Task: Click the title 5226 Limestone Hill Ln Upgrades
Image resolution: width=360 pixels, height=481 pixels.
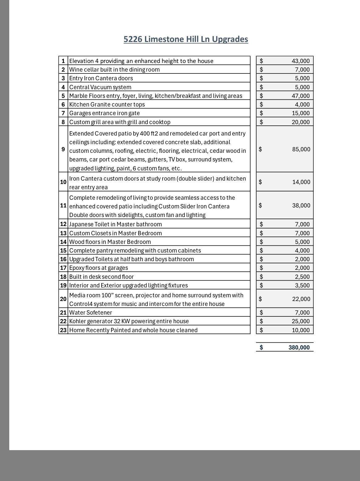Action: click(x=186, y=39)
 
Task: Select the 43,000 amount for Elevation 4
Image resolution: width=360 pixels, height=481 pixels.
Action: click(x=300, y=61)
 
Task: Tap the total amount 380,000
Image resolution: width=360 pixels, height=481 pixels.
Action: click(x=299, y=347)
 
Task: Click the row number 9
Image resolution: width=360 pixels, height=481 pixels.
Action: click(x=63, y=149)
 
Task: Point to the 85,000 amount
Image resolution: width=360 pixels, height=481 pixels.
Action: click(x=301, y=149)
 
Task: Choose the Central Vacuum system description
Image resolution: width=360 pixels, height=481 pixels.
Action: click(x=100, y=87)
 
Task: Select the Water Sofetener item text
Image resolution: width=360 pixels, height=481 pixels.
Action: click(x=91, y=312)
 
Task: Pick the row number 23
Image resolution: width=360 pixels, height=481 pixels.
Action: click(x=63, y=330)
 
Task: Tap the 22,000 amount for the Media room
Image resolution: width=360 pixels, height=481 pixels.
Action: click(x=301, y=299)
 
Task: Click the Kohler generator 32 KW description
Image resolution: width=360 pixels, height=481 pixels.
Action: click(x=129, y=321)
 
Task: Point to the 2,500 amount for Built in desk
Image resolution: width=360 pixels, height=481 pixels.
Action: click(x=302, y=277)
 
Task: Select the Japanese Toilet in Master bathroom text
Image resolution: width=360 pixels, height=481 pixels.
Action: click(x=115, y=224)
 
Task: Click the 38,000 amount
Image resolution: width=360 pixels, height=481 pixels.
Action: click(x=301, y=205)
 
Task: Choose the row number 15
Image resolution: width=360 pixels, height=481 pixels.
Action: click(x=63, y=250)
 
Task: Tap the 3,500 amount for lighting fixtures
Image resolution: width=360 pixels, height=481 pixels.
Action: click(x=302, y=285)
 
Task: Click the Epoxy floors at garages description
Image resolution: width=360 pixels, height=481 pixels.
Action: click(x=98, y=268)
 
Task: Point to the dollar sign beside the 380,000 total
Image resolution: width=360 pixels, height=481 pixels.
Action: click(x=261, y=347)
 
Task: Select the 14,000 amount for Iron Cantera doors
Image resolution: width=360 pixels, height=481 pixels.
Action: click(x=301, y=182)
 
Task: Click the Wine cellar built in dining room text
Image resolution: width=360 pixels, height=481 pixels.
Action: click(x=114, y=69)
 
